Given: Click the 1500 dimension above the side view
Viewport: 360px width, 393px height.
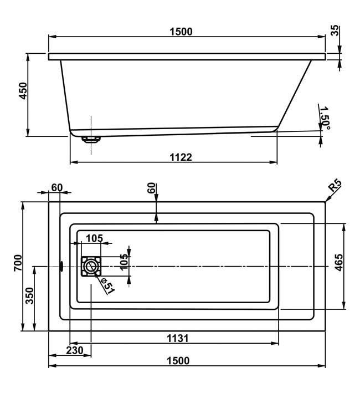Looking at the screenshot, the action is point(181,32).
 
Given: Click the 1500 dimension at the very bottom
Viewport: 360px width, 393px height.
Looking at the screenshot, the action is point(178,361).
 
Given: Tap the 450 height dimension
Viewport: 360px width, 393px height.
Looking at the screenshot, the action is point(23,91).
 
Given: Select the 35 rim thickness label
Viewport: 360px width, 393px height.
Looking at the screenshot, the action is point(335,30).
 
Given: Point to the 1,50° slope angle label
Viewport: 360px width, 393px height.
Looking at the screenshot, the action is point(325,118).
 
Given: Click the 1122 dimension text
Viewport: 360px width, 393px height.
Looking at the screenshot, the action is point(181,157).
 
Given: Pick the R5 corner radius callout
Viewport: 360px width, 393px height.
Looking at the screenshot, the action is point(335,186).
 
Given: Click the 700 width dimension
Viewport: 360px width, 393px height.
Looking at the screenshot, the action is point(18,263).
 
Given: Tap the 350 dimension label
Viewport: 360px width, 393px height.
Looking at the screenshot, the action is point(29,296).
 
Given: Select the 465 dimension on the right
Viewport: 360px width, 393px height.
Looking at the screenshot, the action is point(339,262).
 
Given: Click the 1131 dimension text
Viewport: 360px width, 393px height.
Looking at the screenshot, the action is point(177,339).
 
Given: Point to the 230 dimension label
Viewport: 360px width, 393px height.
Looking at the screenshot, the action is point(75,350).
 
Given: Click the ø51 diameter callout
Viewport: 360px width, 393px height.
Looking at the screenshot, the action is point(107,285).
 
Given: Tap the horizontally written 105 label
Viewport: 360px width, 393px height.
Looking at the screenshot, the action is point(94,238).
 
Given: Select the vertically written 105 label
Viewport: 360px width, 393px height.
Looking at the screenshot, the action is point(124,262).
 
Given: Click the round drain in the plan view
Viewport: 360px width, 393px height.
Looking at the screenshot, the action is point(90,266).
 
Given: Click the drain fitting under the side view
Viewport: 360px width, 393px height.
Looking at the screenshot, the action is point(91,139).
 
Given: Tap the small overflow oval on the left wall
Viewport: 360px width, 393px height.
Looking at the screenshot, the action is point(61,267).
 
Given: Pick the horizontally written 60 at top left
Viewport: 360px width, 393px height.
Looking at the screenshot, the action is point(57,187).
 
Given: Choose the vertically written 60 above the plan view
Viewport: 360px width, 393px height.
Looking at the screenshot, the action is point(151,188).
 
